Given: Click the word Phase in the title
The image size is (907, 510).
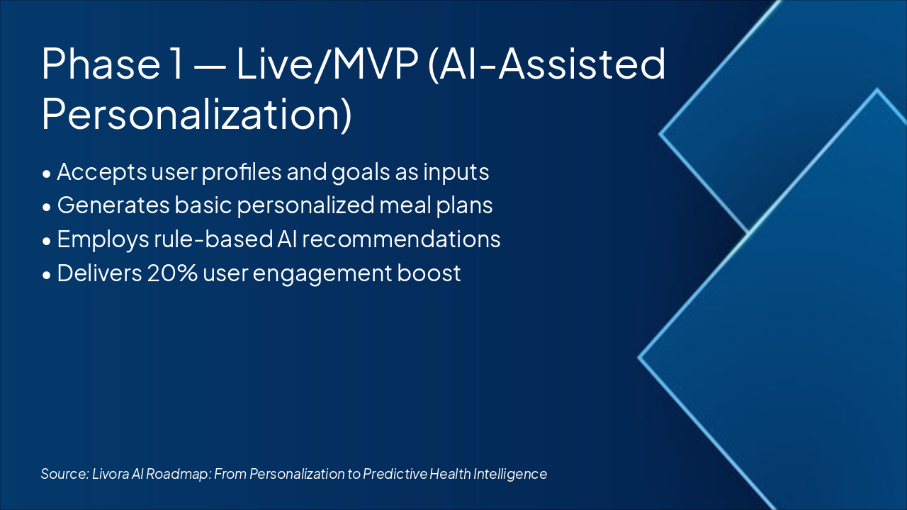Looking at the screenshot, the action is (x=101, y=64).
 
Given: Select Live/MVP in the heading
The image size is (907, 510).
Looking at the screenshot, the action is (x=327, y=64).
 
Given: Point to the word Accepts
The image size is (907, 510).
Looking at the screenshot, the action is (x=101, y=172).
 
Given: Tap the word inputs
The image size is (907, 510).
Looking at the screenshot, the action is (x=456, y=172).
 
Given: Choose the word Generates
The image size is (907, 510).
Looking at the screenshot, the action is (x=113, y=205).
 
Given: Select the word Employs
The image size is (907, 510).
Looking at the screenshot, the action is (x=103, y=239).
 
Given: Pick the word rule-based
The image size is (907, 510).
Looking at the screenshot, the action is (x=213, y=239).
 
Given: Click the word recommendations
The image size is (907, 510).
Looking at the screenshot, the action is (x=401, y=239).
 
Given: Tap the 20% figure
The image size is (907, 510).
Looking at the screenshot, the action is (x=172, y=273).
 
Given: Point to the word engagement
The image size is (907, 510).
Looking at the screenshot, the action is (x=322, y=274).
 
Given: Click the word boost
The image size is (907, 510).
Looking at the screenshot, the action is (x=429, y=273).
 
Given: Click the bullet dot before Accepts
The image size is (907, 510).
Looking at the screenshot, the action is (x=47, y=174).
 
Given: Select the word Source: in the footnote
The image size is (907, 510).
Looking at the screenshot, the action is (x=64, y=474).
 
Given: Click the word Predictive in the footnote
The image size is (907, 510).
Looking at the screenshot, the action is (x=395, y=474).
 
